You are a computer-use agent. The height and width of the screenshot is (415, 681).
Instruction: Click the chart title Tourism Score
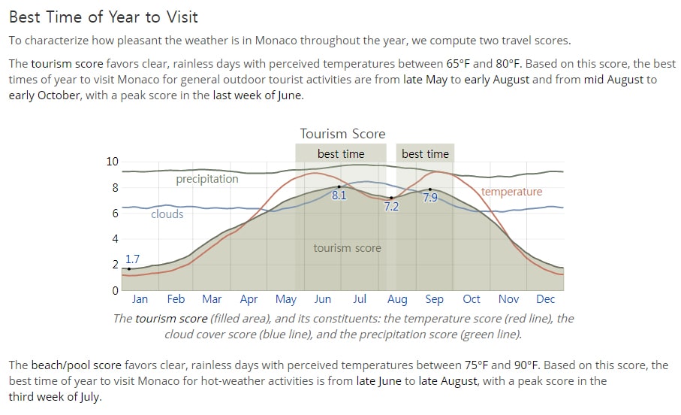pyautogui.click(x=342, y=134)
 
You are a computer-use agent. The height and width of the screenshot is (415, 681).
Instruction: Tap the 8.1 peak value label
pyautogui.click(x=339, y=195)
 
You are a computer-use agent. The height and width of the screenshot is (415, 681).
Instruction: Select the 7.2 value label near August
pyautogui.click(x=391, y=206)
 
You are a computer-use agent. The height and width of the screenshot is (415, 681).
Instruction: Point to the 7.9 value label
pyautogui.click(x=430, y=198)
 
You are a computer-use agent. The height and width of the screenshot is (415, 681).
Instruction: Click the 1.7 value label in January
pyautogui.click(x=132, y=259)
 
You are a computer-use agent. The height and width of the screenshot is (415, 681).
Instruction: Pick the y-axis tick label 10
pyautogui.click(x=112, y=162)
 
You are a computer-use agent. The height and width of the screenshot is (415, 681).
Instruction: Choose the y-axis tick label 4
pyautogui.click(x=115, y=239)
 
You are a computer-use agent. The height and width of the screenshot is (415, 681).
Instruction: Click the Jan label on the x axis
pyautogui.click(x=140, y=299)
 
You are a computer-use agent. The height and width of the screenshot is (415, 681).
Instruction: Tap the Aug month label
pyautogui.click(x=397, y=300)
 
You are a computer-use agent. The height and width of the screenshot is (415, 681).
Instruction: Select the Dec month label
pyautogui.click(x=546, y=299)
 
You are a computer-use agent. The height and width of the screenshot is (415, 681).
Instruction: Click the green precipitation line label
pyautogui.click(x=207, y=179)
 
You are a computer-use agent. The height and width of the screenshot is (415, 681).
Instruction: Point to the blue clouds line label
pyautogui.click(x=167, y=214)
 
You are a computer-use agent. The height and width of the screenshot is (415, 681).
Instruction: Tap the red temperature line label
pyautogui.click(x=511, y=192)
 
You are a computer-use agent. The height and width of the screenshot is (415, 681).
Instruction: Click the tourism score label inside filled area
pyautogui.click(x=348, y=248)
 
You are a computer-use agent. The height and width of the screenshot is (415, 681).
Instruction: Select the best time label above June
pyautogui.click(x=341, y=154)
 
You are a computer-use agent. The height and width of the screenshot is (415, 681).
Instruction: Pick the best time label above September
pyautogui.click(x=425, y=154)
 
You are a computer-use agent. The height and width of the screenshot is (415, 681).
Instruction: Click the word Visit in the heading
pyautogui.click(x=181, y=17)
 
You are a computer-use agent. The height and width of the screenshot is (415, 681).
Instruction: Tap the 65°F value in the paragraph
pyautogui.click(x=458, y=64)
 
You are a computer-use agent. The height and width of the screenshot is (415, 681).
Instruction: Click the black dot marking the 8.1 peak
pyautogui.click(x=339, y=186)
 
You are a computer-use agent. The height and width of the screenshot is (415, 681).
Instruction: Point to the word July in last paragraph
pyautogui.click(x=90, y=397)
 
